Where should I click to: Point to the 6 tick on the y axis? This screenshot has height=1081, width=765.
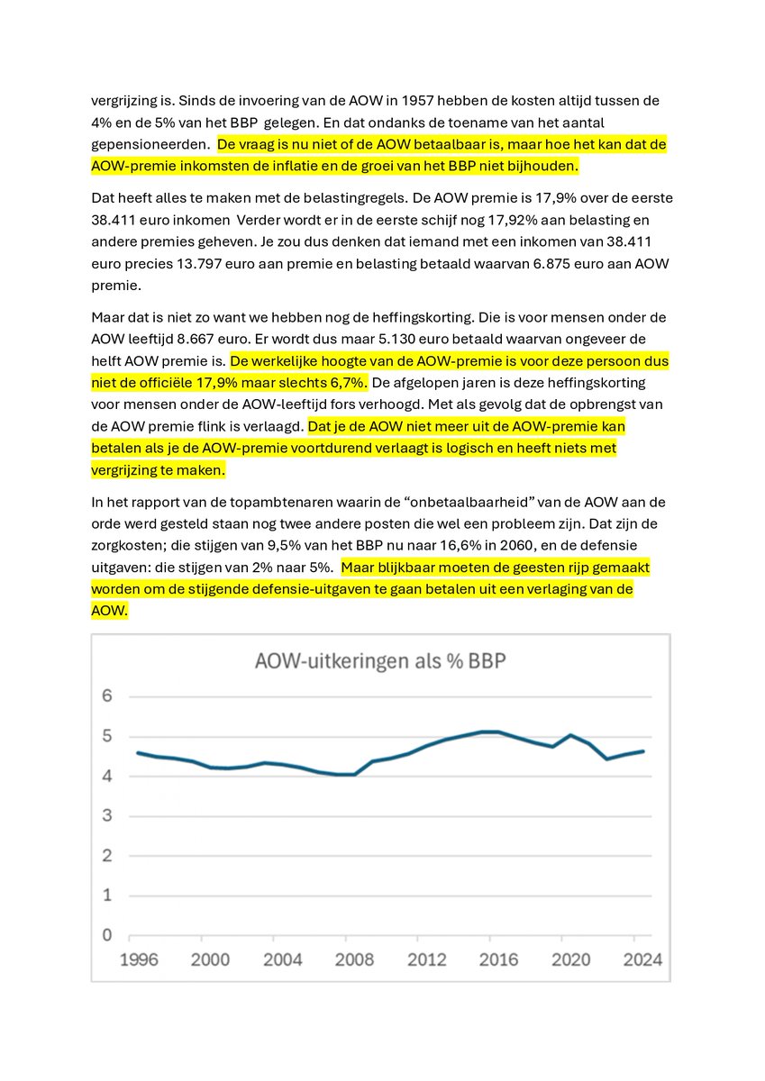(x=106, y=696)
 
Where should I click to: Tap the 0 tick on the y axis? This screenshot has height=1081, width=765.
(x=106, y=935)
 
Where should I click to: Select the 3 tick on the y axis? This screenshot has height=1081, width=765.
(x=106, y=816)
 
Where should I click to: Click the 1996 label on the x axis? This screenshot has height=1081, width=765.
(x=139, y=959)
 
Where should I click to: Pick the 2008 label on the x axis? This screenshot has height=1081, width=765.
(x=354, y=959)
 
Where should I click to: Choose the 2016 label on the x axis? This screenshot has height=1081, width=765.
(x=498, y=959)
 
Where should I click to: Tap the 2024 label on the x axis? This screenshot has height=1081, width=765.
(x=642, y=959)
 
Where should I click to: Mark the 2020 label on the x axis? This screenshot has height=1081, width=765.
(x=570, y=959)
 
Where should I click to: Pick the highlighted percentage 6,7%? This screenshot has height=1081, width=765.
(x=343, y=383)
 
